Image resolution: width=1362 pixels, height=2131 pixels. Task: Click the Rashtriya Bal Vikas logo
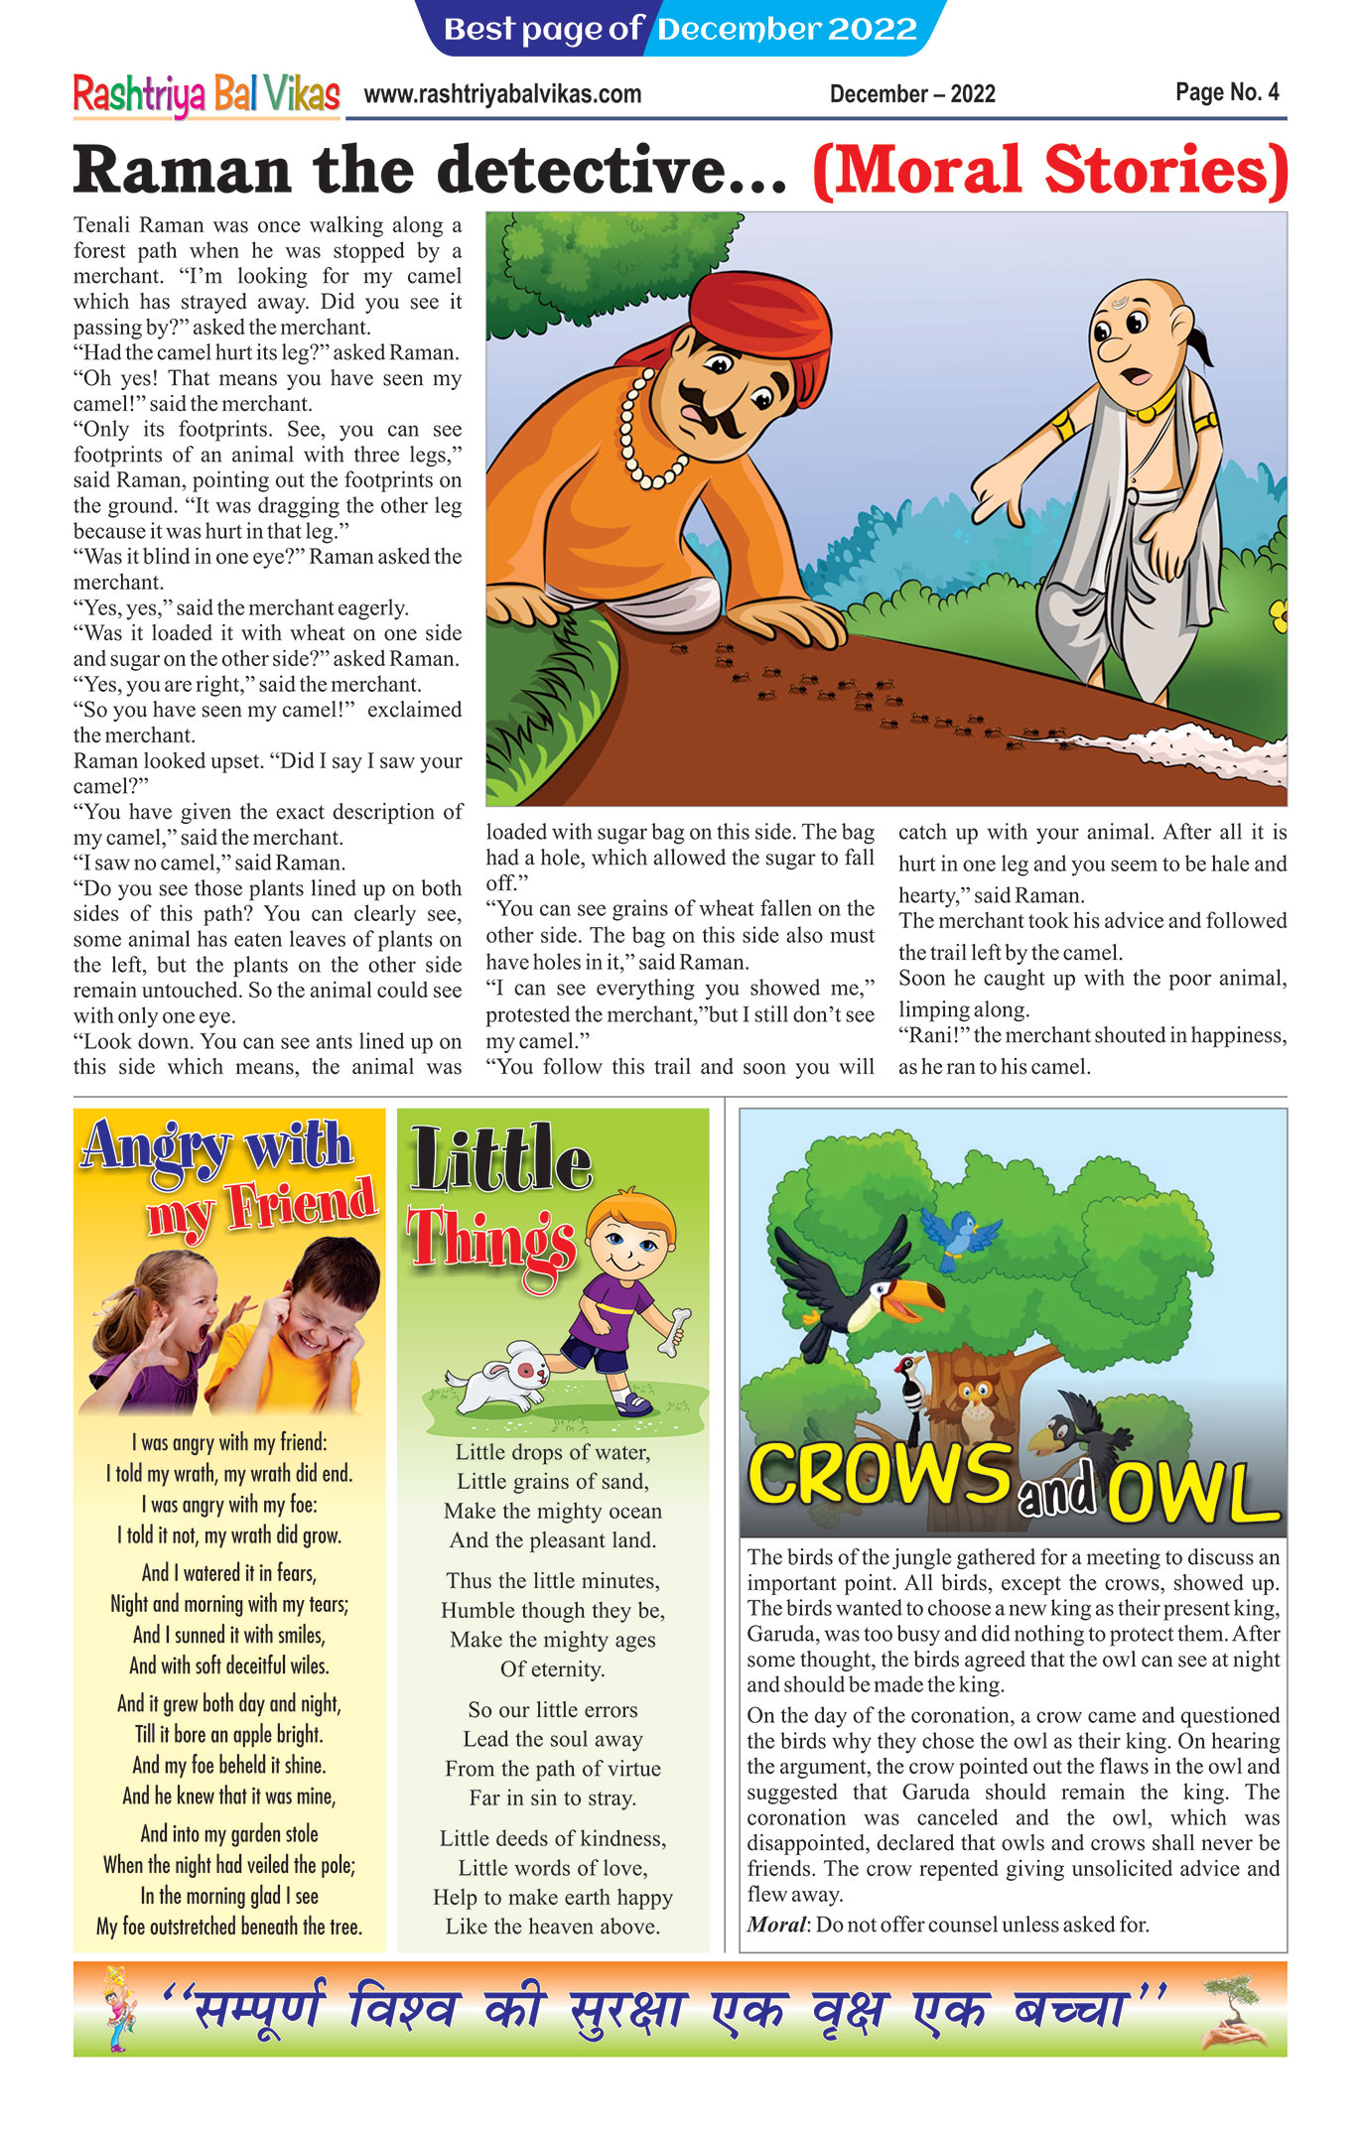(x=206, y=95)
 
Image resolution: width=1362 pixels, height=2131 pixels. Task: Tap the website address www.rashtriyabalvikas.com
(x=502, y=94)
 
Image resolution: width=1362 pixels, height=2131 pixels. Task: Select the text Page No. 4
(x=1227, y=92)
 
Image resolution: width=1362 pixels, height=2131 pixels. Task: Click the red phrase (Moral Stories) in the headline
(x=1049, y=171)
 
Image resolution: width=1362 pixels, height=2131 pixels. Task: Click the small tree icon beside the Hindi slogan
(x=1233, y=2010)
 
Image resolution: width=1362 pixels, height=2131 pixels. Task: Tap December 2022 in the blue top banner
(x=786, y=29)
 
